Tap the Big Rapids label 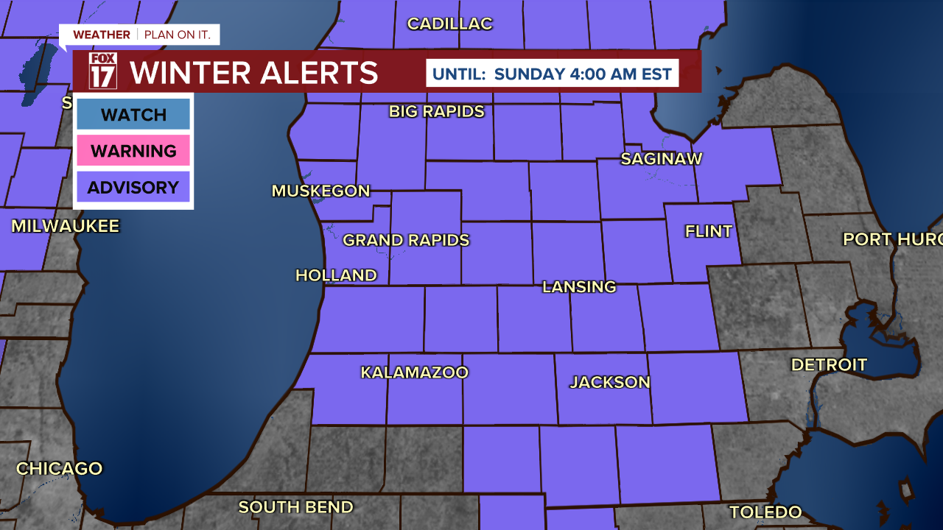pyautogui.click(x=437, y=111)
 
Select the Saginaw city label pyautogui.click(x=661, y=158)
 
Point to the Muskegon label pyautogui.click(x=320, y=191)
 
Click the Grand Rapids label pyautogui.click(x=406, y=240)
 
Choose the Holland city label pyautogui.click(x=336, y=275)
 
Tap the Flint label pyautogui.click(x=709, y=231)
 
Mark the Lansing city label pyautogui.click(x=579, y=286)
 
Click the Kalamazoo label pyautogui.click(x=414, y=372)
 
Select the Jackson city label pyautogui.click(x=610, y=382)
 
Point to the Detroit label pyautogui.click(x=829, y=364)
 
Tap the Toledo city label pyautogui.click(x=765, y=512)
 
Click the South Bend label pyautogui.click(x=295, y=507)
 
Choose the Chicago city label pyautogui.click(x=59, y=468)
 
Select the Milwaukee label pyautogui.click(x=65, y=226)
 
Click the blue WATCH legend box pyautogui.click(x=133, y=114)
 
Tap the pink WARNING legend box pyautogui.click(x=133, y=151)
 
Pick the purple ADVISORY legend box pyautogui.click(x=133, y=187)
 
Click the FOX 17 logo pyautogui.click(x=103, y=71)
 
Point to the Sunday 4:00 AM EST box pyautogui.click(x=552, y=74)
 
